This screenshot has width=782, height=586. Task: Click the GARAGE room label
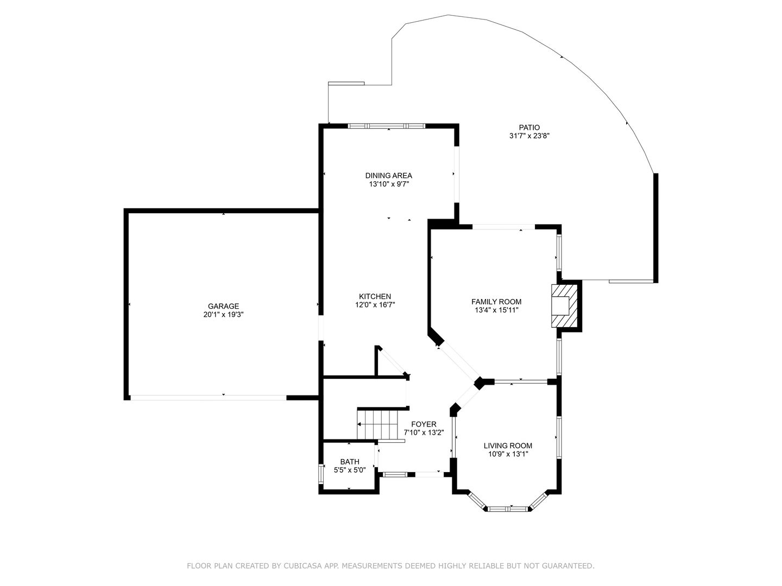[x=223, y=306]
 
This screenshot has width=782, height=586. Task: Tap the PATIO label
[x=529, y=128]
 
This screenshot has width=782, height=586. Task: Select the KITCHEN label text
[x=375, y=296]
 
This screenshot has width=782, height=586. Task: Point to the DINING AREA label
[x=389, y=175]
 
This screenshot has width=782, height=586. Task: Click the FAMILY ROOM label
[x=496, y=302]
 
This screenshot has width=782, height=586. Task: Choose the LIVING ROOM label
[x=508, y=445]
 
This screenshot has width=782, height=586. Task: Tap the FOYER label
[x=424, y=424]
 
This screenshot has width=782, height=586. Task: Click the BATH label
[x=350, y=462]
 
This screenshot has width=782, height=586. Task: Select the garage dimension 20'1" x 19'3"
[x=223, y=315]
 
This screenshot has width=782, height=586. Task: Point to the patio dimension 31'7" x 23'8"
[x=529, y=136]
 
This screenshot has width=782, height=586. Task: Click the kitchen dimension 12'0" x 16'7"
[x=375, y=305]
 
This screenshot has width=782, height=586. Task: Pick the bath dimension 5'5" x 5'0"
[x=350, y=470]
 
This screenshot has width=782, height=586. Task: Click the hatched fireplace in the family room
[x=564, y=305]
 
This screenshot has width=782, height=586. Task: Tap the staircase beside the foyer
[x=377, y=425]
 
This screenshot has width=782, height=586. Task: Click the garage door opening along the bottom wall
[x=209, y=398]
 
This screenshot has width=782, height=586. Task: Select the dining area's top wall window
[x=387, y=125]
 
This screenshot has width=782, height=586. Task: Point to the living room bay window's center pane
[x=508, y=509]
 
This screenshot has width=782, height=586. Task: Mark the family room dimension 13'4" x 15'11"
[x=496, y=310]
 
